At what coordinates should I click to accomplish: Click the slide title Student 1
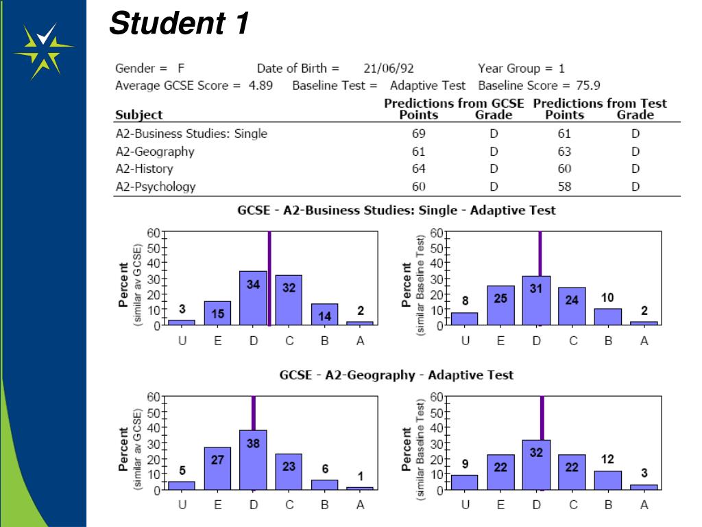[179, 25]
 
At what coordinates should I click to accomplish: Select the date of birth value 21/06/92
[389, 69]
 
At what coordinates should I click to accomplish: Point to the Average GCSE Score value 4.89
[261, 86]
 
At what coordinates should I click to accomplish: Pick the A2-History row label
[144, 169]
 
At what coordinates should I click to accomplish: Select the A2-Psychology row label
[156, 187]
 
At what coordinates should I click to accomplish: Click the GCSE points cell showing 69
[418, 133]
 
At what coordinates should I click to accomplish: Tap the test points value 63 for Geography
[564, 152]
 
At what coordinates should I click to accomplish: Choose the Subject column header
[138, 115]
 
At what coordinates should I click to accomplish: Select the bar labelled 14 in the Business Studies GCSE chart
[325, 314]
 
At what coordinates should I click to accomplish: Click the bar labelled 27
[217, 468]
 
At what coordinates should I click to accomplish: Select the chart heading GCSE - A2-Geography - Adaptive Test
[396, 375]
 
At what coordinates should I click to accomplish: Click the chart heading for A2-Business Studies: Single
[396, 211]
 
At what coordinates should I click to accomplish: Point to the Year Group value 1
[561, 69]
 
